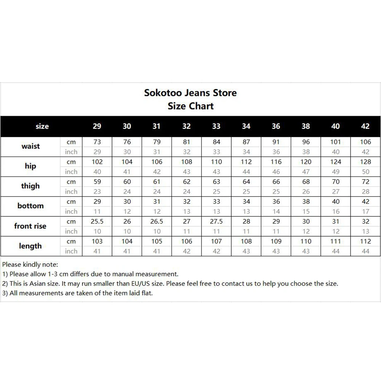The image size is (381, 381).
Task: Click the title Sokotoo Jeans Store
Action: (x=190, y=93)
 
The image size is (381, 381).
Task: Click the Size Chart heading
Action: (x=190, y=106)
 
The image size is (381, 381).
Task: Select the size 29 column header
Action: (x=97, y=126)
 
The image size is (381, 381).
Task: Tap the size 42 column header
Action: (x=365, y=126)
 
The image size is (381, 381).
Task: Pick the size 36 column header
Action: (x=276, y=126)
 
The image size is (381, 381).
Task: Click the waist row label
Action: (x=30, y=146)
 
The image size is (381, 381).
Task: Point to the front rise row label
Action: (x=30, y=226)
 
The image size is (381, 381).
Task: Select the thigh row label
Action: (x=30, y=186)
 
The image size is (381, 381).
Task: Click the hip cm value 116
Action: (x=276, y=162)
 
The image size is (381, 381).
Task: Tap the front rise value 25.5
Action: (x=97, y=221)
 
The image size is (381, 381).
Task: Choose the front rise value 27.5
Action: (x=216, y=221)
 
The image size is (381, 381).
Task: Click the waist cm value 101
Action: (x=335, y=142)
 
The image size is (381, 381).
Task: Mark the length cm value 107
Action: (x=216, y=241)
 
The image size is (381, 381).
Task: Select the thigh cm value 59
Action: (x=97, y=182)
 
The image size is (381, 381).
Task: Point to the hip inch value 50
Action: (x=365, y=172)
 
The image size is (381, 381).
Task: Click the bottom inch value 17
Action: (x=365, y=211)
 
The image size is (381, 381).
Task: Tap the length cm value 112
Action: (x=365, y=241)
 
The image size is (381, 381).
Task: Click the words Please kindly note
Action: (x=30, y=264)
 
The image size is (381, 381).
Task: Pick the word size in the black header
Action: (x=42, y=126)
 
